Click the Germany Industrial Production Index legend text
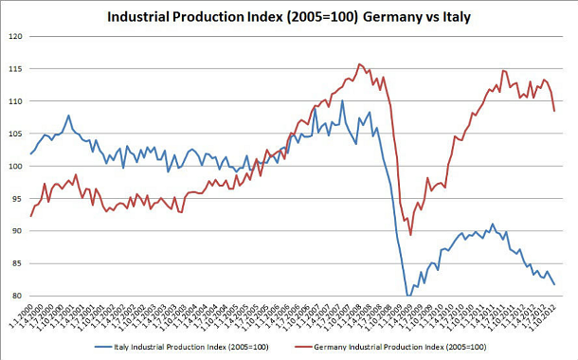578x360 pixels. click(421, 349)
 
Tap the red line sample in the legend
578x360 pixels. click(324, 349)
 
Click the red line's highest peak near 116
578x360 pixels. click(359, 64)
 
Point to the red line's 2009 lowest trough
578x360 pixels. click(410, 235)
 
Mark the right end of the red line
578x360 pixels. click(554, 111)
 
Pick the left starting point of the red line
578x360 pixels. click(31, 216)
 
